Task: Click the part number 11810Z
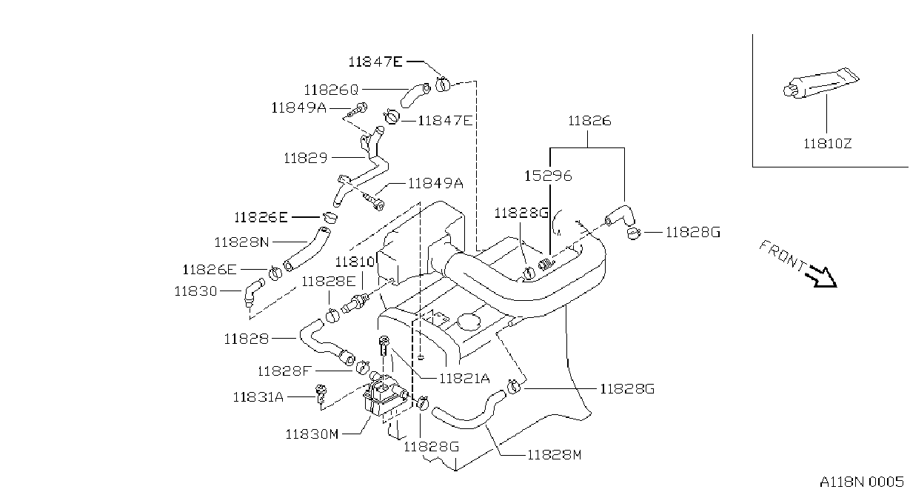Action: tap(827, 144)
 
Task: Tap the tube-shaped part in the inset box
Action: tap(820, 83)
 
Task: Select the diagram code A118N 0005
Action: tap(862, 482)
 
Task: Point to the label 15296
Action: tap(548, 176)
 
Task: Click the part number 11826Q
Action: tap(332, 90)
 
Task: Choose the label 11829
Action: tap(306, 158)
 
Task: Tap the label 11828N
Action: tap(241, 242)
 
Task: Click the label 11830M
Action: tap(312, 434)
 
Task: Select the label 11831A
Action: tap(258, 396)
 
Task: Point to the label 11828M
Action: tap(555, 454)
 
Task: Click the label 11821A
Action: tap(465, 379)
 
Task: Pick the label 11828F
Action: tap(284, 371)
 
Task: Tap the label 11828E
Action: tap(329, 281)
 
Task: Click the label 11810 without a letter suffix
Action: tap(355, 262)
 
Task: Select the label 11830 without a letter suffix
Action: tap(195, 291)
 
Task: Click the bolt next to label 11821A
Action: tap(384, 345)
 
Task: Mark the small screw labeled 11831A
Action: tap(321, 394)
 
